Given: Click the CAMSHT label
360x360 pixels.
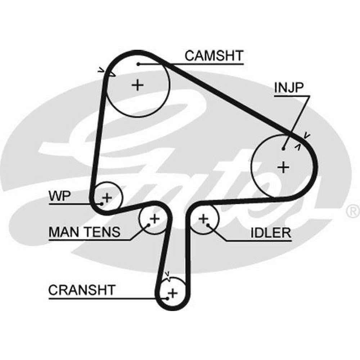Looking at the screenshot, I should pyautogui.click(x=214, y=56).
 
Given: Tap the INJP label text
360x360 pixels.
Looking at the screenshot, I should pyautogui.click(x=289, y=87).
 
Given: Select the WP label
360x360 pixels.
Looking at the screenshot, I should pyautogui.click(x=60, y=196).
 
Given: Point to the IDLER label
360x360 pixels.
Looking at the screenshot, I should pyautogui.click(x=271, y=233).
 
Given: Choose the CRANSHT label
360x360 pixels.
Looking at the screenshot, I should pyautogui.click(x=82, y=290).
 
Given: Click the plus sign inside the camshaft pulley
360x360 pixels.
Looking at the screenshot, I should pyautogui.click(x=137, y=85).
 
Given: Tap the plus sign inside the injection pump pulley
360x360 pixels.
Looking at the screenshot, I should pyautogui.click(x=284, y=167).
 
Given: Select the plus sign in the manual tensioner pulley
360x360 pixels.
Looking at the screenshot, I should pyautogui.click(x=154, y=218).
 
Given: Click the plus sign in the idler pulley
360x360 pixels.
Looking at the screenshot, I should pyautogui.click(x=204, y=218).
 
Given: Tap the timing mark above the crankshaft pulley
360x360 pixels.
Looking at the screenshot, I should pyautogui.click(x=167, y=275).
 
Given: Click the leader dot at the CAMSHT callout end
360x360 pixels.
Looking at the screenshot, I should pyautogui.click(x=138, y=64).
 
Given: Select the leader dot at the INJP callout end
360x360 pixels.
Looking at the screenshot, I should pyautogui.click(x=284, y=148).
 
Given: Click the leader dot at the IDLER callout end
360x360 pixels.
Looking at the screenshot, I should pyautogui.click(x=208, y=225).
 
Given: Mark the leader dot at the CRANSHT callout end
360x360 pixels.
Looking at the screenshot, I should pyautogui.click(x=167, y=298).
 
